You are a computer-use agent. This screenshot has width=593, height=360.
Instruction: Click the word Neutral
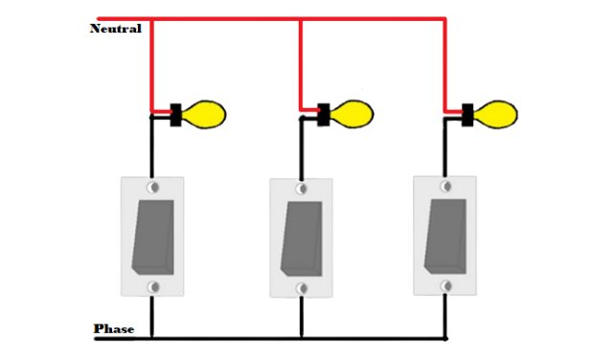[x=115, y=29]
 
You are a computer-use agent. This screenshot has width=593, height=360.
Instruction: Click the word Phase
[x=114, y=329]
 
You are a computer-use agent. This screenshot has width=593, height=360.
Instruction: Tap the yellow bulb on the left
[x=205, y=115]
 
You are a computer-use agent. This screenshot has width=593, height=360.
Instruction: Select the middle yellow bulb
[x=352, y=115]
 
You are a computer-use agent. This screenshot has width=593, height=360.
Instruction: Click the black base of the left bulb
[x=177, y=115]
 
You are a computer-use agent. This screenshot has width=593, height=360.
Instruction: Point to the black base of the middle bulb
[x=324, y=115]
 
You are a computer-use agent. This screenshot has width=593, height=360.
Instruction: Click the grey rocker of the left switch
[x=151, y=234]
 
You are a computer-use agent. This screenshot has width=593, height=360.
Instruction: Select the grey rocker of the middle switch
[x=300, y=236]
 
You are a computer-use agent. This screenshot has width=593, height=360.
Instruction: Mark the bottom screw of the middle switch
[x=301, y=286]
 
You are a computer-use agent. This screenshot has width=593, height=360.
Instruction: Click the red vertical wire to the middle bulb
[x=301, y=62]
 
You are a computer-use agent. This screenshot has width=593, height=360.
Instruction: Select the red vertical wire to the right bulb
[x=446, y=62]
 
